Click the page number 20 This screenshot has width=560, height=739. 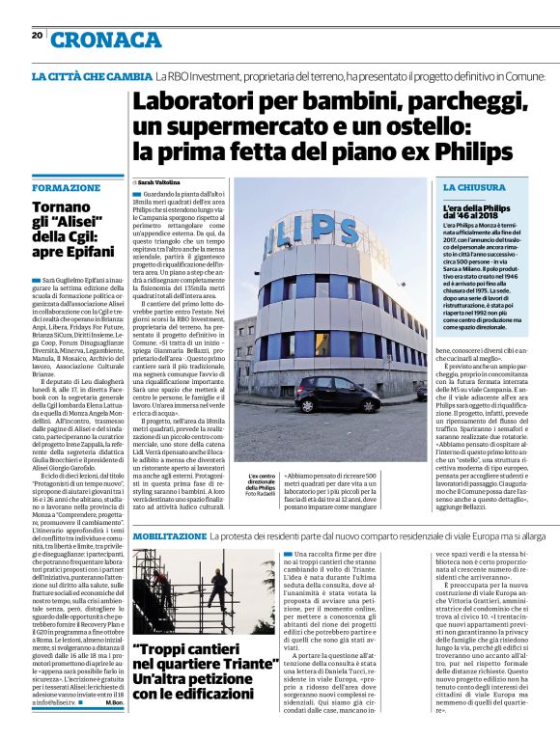37,35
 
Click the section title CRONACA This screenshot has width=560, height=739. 107,40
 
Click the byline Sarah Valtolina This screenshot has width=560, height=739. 160,181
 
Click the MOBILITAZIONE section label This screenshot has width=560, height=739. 169,535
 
